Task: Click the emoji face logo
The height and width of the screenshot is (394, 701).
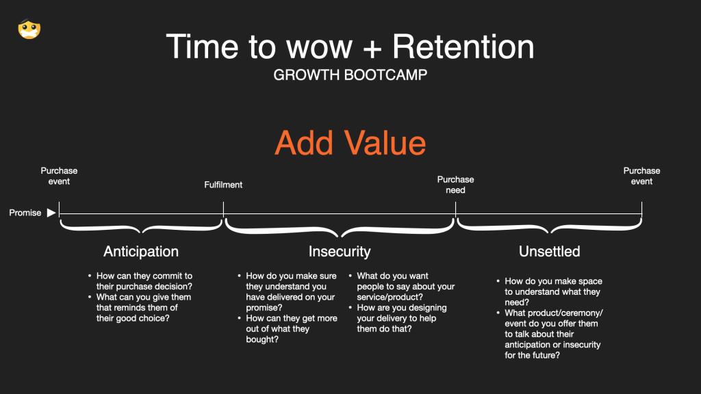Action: (29, 29)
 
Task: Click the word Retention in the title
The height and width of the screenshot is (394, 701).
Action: (463, 47)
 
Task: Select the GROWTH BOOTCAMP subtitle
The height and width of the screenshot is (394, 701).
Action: (350, 75)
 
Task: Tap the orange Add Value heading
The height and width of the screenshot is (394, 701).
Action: (350, 143)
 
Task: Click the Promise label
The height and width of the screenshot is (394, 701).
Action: (25, 213)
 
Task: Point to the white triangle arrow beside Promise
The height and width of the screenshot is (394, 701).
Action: (51, 213)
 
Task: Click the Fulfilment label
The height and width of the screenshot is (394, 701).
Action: (223, 185)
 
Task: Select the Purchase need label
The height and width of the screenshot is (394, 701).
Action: (455, 185)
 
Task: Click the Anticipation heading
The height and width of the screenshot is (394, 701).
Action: (141, 252)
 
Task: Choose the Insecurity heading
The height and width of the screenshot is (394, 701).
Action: (340, 252)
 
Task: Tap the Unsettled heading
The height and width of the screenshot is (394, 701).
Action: (550, 252)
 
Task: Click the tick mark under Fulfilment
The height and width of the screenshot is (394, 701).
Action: (224, 209)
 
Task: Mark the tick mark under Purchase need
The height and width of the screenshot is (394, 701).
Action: (455, 209)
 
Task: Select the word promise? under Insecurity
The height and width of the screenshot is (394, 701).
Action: (264, 307)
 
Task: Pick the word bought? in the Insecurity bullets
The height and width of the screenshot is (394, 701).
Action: (262, 339)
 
